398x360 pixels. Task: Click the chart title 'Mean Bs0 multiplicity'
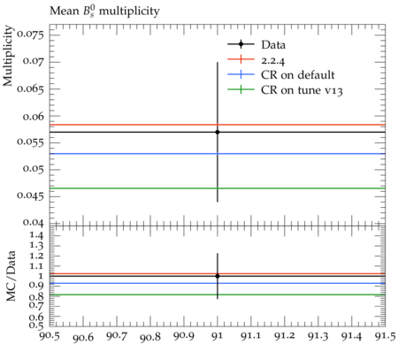click(x=104, y=11)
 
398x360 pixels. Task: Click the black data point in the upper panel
click(x=218, y=132)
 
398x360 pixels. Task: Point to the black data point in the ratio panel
click(x=218, y=276)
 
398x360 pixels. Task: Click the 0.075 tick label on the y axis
click(x=30, y=34)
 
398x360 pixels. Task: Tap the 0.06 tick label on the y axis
click(x=34, y=117)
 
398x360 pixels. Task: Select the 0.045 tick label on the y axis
click(x=30, y=195)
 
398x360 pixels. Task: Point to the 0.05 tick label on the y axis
click(x=34, y=169)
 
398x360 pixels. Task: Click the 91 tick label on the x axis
click(x=218, y=336)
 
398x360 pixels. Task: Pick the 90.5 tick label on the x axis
click(x=50, y=336)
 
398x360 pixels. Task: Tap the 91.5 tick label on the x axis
click(x=386, y=336)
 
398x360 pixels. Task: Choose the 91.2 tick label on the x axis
click(x=285, y=336)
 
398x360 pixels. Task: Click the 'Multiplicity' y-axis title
click(x=8, y=56)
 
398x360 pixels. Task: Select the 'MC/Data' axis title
click(x=11, y=276)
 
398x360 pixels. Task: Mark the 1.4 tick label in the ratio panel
click(x=37, y=235)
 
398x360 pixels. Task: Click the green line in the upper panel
click(x=218, y=188)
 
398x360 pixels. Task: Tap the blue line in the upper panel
click(x=218, y=154)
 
